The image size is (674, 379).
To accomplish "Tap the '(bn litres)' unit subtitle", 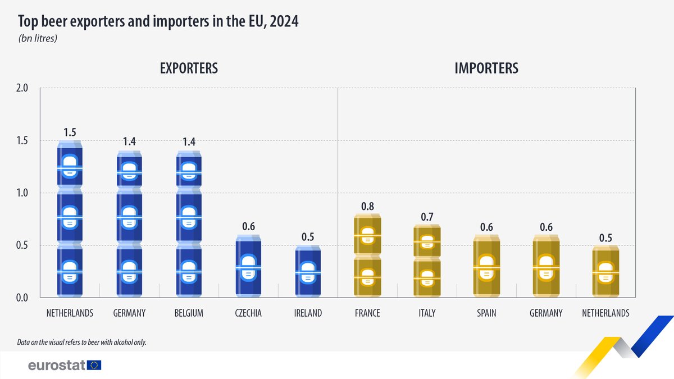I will click(38, 39).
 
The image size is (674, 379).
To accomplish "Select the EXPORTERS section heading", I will click(189, 69).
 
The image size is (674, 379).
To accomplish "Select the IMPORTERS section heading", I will click(486, 69).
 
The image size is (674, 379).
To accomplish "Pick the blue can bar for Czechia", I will click(248, 266).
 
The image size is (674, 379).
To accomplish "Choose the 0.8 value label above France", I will click(367, 206).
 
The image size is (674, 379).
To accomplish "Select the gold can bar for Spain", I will click(486, 266).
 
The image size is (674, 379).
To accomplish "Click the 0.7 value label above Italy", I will click(427, 216).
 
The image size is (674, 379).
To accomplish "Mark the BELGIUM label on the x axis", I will click(189, 313).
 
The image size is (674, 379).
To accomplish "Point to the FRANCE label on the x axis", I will click(367, 313).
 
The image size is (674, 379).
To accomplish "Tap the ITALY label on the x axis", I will click(427, 313).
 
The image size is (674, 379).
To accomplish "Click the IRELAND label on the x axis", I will click(308, 313).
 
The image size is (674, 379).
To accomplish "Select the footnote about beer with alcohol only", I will click(82, 341).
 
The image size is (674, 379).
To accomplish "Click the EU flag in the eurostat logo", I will click(94, 366).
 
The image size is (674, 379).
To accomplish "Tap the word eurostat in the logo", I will click(56, 366).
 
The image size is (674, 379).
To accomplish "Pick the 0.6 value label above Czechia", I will click(248, 226).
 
